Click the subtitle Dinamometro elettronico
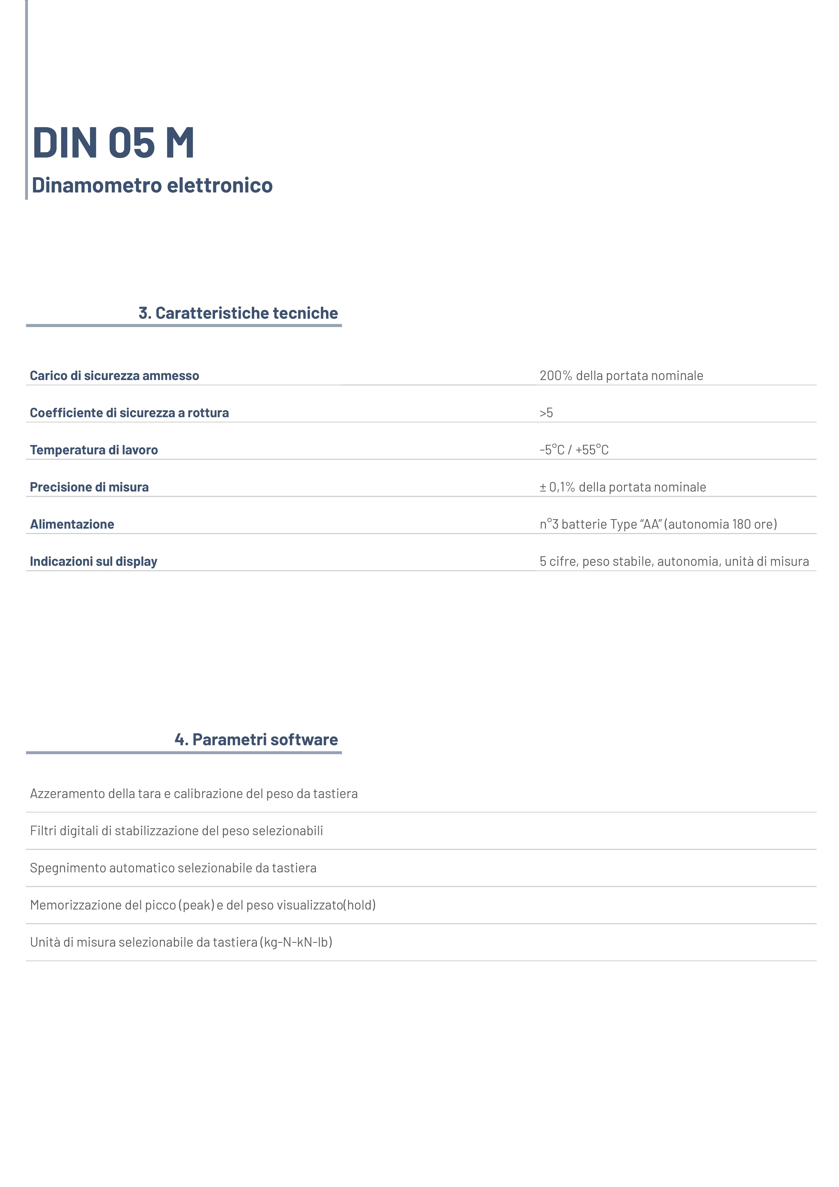[x=152, y=185]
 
